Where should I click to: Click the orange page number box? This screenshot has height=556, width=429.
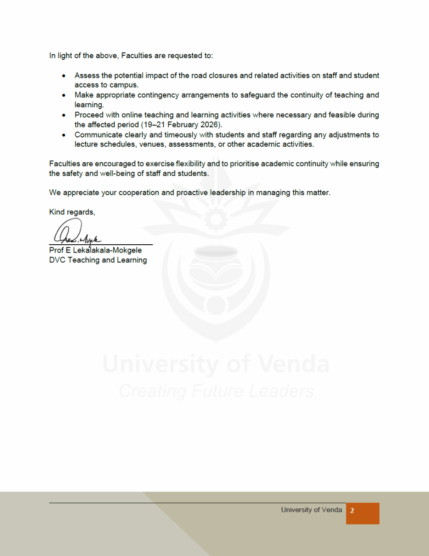coord(362,513)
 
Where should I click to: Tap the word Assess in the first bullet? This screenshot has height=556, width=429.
coord(87,75)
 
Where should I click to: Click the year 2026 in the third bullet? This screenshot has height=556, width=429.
coord(210,125)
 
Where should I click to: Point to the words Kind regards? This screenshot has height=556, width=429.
coord(72,212)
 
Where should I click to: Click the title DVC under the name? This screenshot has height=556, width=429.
coord(57,260)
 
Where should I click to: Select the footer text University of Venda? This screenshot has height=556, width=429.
coord(311,510)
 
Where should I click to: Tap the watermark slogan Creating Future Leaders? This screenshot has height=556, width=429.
coord(216,391)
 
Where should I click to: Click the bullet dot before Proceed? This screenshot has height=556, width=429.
coord(64,115)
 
